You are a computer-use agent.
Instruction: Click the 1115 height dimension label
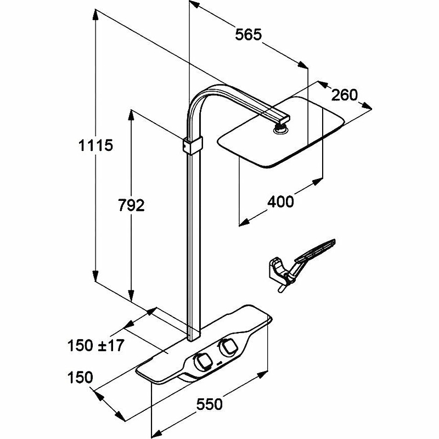95,145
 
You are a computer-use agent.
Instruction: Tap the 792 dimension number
132,205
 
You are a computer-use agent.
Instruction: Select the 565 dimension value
248,35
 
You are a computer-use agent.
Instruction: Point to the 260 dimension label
345,94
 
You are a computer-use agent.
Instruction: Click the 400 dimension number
280,201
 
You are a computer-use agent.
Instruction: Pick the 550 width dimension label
210,404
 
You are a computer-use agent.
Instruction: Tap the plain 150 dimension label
81,378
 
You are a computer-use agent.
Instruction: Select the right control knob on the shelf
227,346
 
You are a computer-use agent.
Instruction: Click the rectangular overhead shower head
280,134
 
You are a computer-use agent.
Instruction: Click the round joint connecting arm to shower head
280,128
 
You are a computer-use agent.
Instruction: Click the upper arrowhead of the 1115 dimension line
95,13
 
